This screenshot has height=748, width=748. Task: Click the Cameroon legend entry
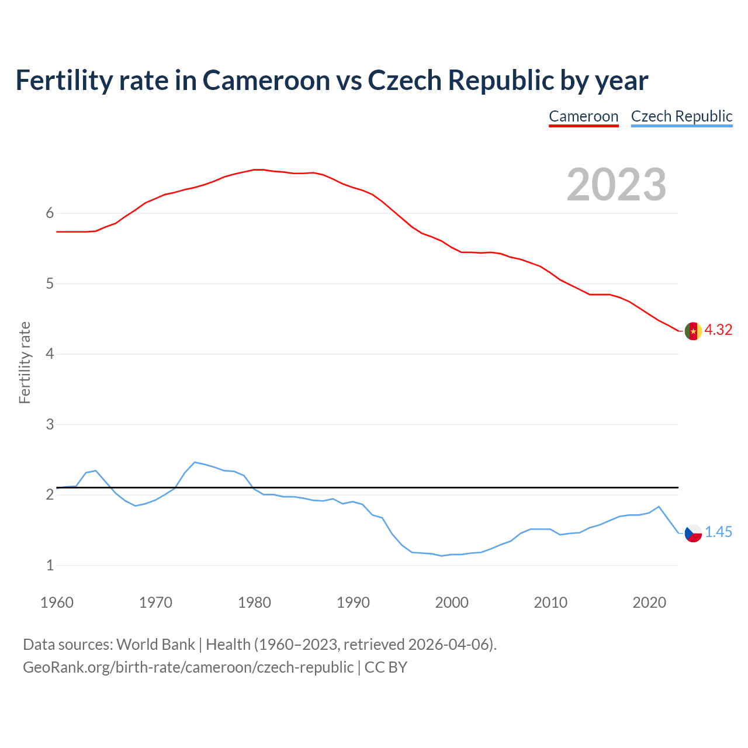pyautogui.click(x=583, y=116)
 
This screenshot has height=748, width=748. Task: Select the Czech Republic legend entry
pyautogui.click(x=681, y=116)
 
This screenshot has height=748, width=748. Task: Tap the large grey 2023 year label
pyautogui.click(x=617, y=185)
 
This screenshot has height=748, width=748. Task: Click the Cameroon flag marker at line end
pyautogui.click(x=693, y=331)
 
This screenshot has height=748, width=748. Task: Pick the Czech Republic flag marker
pyautogui.click(x=693, y=533)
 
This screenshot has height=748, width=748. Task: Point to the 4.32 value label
pyautogui.click(x=718, y=330)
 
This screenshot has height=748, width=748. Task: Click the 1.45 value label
pyautogui.click(x=718, y=532)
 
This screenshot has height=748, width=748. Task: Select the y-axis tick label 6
pyautogui.click(x=50, y=213)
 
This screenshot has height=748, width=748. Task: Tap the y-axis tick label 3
pyautogui.click(x=50, y=424)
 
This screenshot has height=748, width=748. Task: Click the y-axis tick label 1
pyautogui.click(x=50, y=565)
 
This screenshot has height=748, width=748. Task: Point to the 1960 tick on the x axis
pyautogui.click(x=57, y=602)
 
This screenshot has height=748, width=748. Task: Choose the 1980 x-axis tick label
pyautogui.click(x=254, y=602)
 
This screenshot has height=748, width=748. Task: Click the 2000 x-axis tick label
pyautogui.click(x=452, y=602)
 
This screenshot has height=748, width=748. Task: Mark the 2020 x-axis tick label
pyautogui.click(x=649, y=602)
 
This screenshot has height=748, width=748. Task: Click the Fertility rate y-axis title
pyautogui.click(x=25, y=362)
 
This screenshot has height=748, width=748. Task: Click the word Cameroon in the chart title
pyautogui.click(x=266, y=80)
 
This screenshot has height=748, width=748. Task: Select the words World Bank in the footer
pyautogui.click(x=155, y=645)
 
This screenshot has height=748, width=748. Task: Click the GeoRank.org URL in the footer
pyautogui.click(x=188, y=667)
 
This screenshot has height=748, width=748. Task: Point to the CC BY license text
pyautogui.click(x=386, y=667)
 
